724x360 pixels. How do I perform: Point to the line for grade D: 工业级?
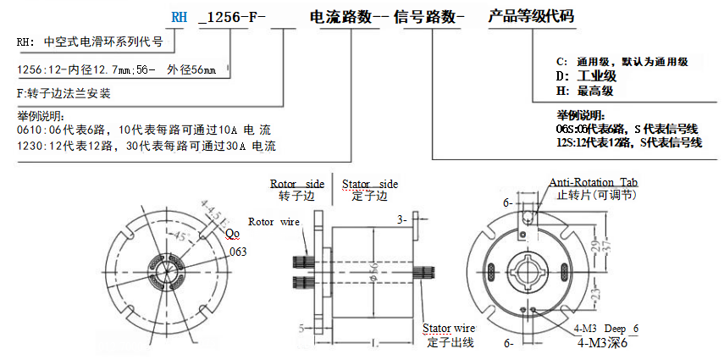[x=597, y=76]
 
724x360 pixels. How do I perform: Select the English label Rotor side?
[x=296, y=183]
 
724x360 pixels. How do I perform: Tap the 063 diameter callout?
[x=237, y=252]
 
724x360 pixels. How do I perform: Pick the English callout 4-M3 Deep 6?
[x=607, y=329]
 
